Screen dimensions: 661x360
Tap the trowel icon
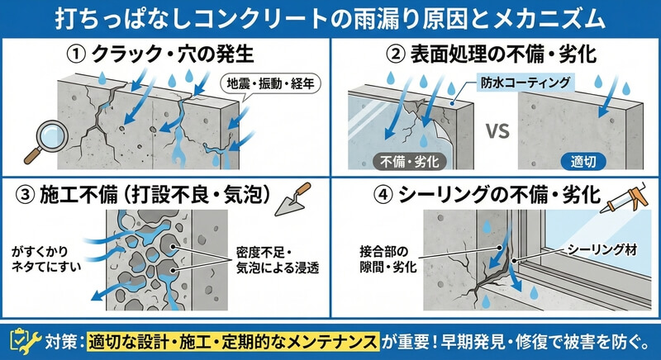coord(292,199)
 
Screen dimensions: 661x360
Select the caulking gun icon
coord(624,198)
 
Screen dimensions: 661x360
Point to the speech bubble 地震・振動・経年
coord(271,84)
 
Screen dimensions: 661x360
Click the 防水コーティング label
coord(525,82)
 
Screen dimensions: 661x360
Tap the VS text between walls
coord(497,131)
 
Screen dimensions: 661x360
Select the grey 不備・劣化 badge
coord(409,161)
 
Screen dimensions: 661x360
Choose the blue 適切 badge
coord(583,161)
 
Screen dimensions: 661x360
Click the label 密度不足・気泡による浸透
coord(278,261)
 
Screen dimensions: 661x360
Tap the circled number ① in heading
coord(76,54)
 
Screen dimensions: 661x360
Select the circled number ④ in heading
coord(383,196)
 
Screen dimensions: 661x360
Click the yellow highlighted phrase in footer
coord(233,341)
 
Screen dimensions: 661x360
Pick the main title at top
coord(330,19)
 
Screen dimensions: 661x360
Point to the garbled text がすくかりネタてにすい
coord(47,259)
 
